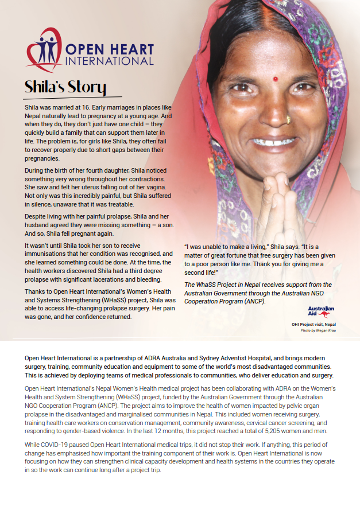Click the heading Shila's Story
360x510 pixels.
coord(65,87)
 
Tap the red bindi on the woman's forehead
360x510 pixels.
coord(275,78)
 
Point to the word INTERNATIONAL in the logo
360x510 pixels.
coord(110,60)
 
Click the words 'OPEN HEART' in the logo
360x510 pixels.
coord(110,49)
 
